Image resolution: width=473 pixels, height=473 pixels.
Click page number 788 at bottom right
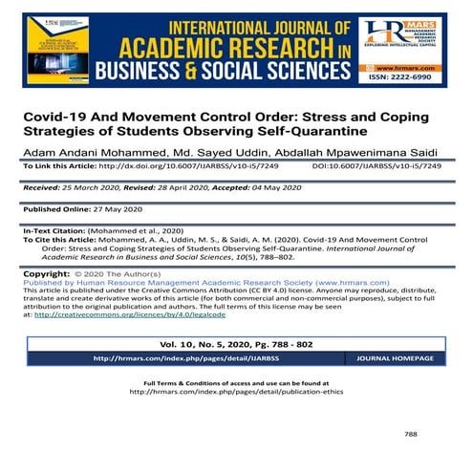point(411,432)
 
